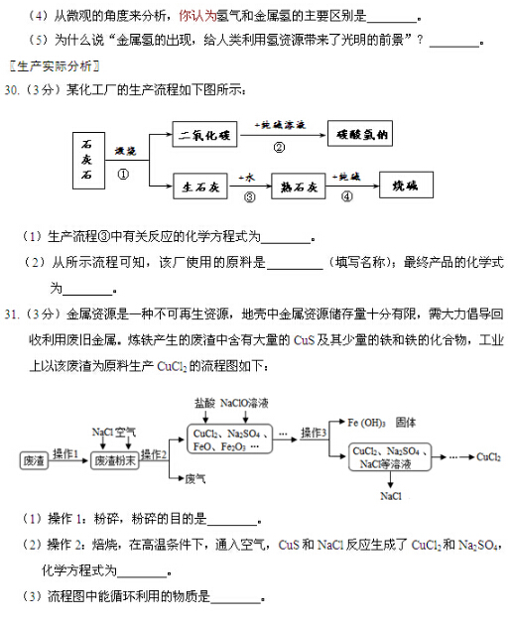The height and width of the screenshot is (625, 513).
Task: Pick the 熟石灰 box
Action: [x=298, y=186]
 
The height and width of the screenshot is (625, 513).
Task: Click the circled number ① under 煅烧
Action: [x=124, y=172]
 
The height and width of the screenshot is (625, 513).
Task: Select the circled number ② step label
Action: [x=279, y=147]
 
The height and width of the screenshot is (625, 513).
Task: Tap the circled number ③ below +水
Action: [x=249, y=197]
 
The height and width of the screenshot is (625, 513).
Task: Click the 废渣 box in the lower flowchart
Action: [x=35, y=460]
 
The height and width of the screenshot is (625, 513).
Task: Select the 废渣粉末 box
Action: [x=111, y=460]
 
